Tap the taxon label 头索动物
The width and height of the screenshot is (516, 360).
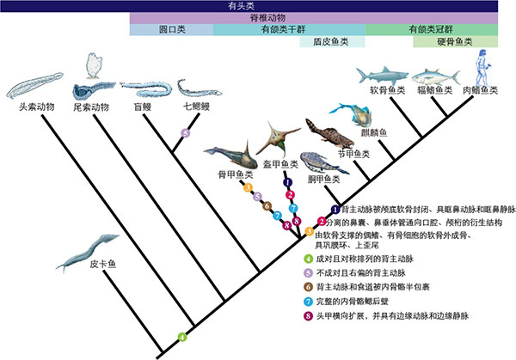pos(36,109)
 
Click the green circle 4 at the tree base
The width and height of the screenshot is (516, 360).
pos(181,335)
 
